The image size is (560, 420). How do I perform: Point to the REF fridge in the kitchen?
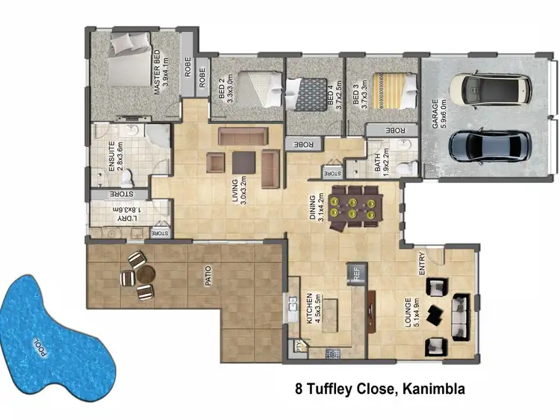coord(356,273)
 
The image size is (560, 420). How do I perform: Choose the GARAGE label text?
coord(436,112)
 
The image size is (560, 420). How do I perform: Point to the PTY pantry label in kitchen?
coord(300,346)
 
